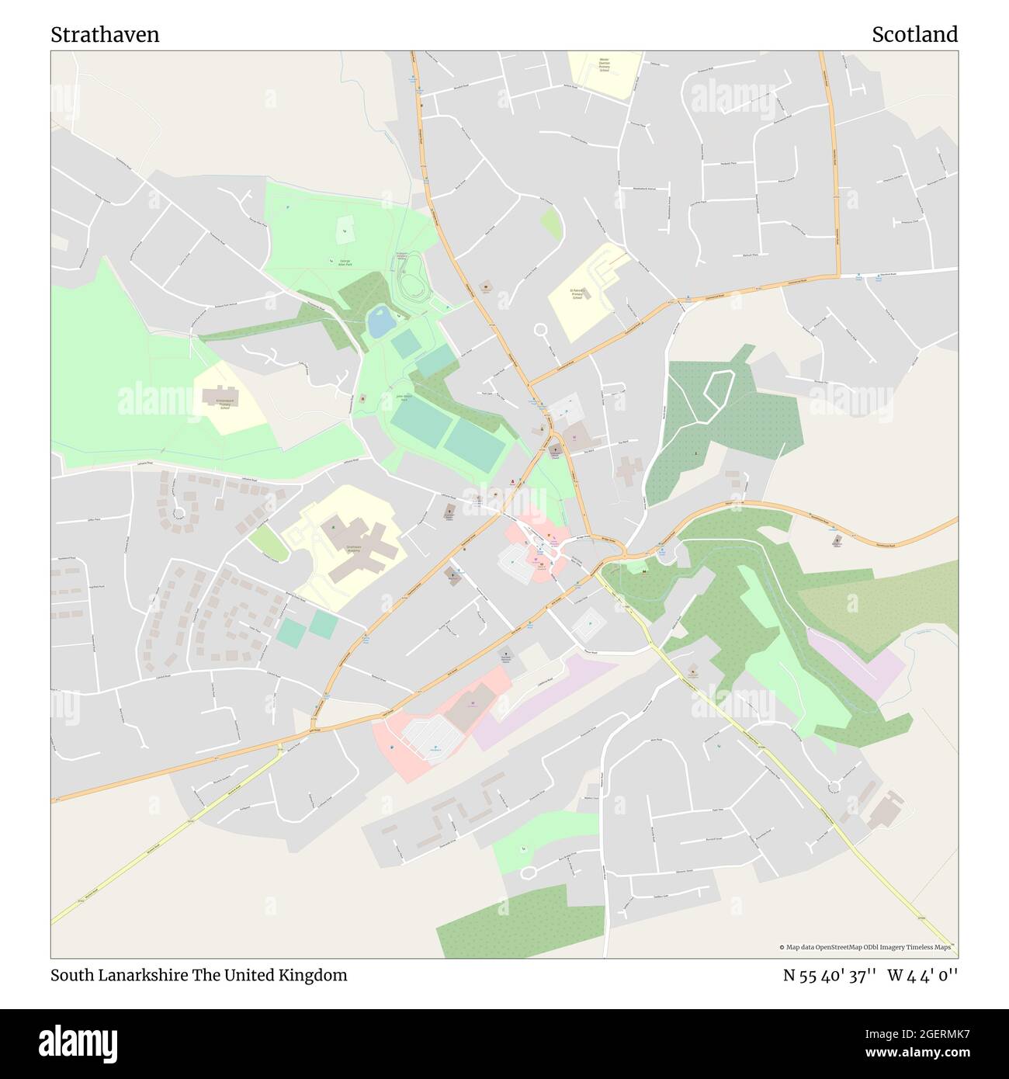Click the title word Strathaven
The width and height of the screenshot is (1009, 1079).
click(x=105, y=35)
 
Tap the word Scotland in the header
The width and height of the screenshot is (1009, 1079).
click(x=914, y=35)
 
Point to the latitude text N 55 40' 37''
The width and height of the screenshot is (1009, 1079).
click(x=829, y=975)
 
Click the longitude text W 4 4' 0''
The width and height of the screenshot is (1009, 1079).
click(x=922, y=975)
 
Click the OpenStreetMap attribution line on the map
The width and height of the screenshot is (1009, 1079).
click(x=868, y=947)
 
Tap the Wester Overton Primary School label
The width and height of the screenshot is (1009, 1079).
click(x=604, y=64)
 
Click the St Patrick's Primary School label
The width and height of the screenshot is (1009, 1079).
click(x=577, y=295)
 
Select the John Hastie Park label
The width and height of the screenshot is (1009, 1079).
click(x=403, y=397)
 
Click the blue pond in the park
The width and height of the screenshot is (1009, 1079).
click(x=380, y=322)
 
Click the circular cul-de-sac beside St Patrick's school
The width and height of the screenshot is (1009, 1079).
click(x=541, y=331)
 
